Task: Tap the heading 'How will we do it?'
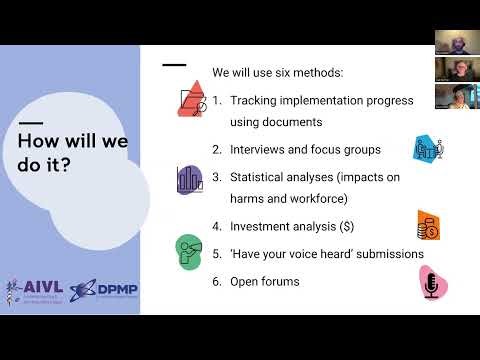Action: pos(72,153)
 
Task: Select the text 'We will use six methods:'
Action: pos(277,73)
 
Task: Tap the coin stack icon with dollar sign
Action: pos(429,226)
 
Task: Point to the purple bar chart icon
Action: pos(189,180)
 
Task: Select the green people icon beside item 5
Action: pos(188,249)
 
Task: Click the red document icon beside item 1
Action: pos(190,99)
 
